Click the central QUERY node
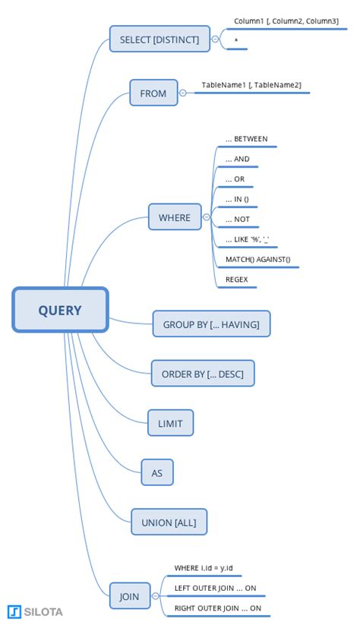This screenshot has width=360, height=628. tap(60, 310)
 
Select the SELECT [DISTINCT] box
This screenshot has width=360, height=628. tap(159, 39)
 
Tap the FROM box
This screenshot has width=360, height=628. tap(153, 93)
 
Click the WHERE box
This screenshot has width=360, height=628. tap(175, 218)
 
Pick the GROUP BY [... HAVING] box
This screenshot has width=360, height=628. tap(211, 324)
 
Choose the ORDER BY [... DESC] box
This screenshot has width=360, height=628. tap(203, 374)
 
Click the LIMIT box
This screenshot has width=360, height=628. tap(170, 423)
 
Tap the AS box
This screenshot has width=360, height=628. tap(157, 472)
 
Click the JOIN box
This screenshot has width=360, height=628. tap(130, 596)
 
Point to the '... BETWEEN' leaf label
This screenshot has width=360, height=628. tap(246, 140)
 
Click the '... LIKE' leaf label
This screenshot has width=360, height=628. tap(248, 240)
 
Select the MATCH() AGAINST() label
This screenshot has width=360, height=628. tap(257, 260)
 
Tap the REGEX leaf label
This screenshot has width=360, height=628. tap(236, 279)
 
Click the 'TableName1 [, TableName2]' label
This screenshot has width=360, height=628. tap(251, 85)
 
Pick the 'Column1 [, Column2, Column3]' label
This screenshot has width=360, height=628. tap(286, 21)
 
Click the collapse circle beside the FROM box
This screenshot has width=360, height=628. tap(183, 93)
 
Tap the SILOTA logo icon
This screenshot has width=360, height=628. tap(14, 612)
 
